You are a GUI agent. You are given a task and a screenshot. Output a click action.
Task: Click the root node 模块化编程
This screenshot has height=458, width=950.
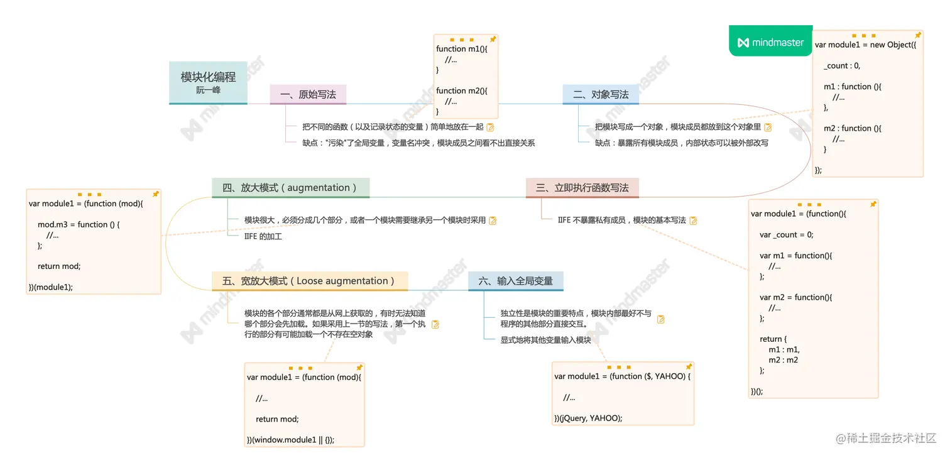coord(208,77)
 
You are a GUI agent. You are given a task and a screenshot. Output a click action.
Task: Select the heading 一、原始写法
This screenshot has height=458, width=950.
coord(308,95)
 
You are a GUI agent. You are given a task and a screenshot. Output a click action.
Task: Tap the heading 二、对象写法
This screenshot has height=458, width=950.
coord(601,95)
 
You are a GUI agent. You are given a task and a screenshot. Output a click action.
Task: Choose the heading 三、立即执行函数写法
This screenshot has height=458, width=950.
coord(582,188)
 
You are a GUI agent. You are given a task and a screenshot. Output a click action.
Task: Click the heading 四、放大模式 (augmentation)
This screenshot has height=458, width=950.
coord(290,188)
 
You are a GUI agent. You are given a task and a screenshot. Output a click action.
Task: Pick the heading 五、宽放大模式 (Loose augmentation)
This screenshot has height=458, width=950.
coord(308,281)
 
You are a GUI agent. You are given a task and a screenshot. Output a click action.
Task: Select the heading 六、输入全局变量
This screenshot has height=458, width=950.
coord(515,281)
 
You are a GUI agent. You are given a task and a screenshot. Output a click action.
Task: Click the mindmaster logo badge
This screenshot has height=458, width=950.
coord(770,42)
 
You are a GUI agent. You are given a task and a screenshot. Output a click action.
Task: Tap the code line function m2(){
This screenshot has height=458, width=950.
coord(462,90)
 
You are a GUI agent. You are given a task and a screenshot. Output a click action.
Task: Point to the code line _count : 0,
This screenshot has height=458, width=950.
coord(842,65)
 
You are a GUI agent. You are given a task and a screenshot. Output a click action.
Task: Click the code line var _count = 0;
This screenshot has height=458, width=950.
coord(786,234)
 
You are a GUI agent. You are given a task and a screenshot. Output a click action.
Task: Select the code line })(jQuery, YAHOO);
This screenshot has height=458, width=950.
coord(588,418)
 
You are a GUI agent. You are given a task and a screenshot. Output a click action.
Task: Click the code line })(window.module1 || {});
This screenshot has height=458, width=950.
coord(290,439)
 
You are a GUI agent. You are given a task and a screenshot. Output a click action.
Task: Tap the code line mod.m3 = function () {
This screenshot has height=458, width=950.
coord(79,224)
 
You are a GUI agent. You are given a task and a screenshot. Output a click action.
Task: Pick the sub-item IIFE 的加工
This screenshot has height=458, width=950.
coord(263,236)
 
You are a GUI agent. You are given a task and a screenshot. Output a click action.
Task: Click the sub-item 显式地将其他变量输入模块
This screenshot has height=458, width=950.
coord(545,340)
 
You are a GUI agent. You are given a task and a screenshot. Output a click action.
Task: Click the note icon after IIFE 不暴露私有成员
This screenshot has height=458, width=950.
coord(693,221)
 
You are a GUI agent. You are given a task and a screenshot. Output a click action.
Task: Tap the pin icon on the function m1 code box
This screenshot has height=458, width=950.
coord(493,39)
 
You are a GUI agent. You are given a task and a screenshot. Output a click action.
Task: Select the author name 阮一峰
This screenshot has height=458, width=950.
coord(208,90)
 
